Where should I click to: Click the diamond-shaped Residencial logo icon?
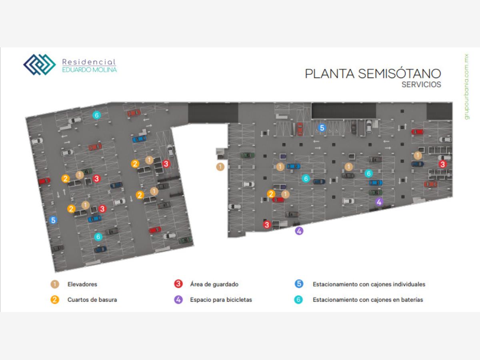click(x=39, y=65)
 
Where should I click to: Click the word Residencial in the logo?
click(x=89, y=62)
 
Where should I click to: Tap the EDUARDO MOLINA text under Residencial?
click(x=90, y=70)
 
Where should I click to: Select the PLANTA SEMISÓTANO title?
click(x=373, y=74)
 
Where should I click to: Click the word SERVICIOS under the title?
click(x=421, y=85)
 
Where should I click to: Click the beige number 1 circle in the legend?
click(x=55, y=284)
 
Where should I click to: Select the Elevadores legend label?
click(x=82, y=284)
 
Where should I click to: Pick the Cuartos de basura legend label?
click(x=92, y=300)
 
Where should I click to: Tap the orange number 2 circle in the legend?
click(x=55, y=300)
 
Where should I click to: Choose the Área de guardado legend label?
click(x=214, y=284)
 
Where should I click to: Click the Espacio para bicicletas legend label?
click(x=221, y=300)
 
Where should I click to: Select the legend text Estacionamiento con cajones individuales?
click(x=369, y=284)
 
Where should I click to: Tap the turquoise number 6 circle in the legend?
click(x=298, y=300)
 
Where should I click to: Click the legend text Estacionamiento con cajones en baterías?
click(x=368, y=300)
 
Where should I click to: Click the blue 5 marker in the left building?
click(x=53, y=220)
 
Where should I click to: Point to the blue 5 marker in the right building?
click(x=322, y=128)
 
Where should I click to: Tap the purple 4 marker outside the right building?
click(x=299, y=231)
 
